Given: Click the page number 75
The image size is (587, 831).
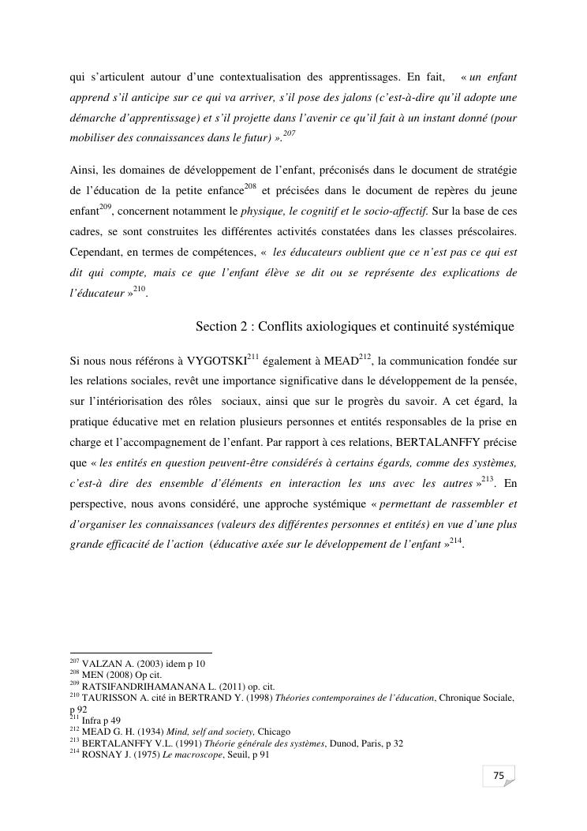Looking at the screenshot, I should (498, 777).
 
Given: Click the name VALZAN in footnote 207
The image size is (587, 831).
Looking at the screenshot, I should (100, 664).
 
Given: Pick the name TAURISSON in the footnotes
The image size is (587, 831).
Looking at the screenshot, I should (107, 698).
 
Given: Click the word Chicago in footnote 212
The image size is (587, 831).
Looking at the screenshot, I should (274, 732).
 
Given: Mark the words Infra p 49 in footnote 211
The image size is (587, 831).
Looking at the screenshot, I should (100, 721).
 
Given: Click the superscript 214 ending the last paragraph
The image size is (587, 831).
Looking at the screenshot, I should (455, 539).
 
